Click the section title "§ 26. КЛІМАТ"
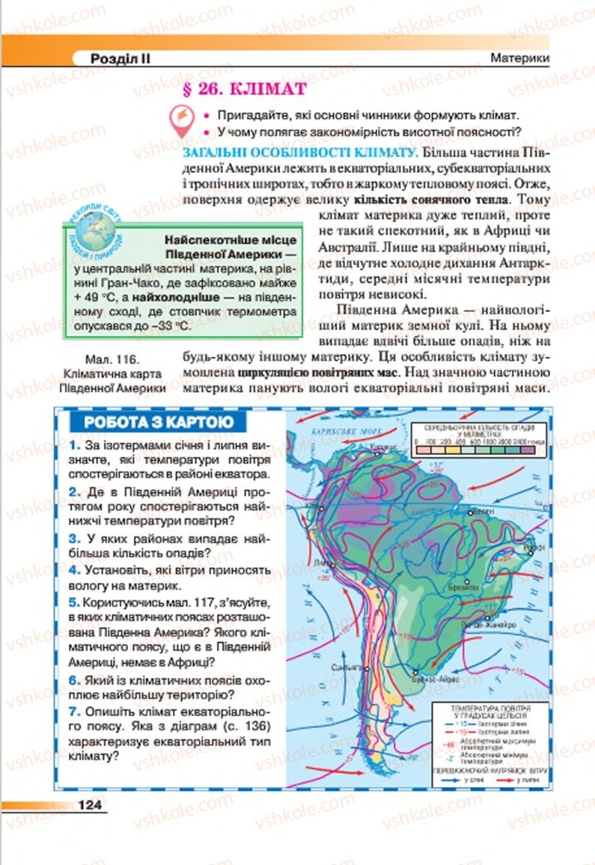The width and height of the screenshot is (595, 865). tap(232, 89)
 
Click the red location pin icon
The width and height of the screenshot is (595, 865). tap(178, 121)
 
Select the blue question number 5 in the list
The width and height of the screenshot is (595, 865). tap(74, 600)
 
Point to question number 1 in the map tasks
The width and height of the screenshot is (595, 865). tap(74, 444)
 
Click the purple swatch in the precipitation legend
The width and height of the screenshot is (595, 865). tap(525, 449)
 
